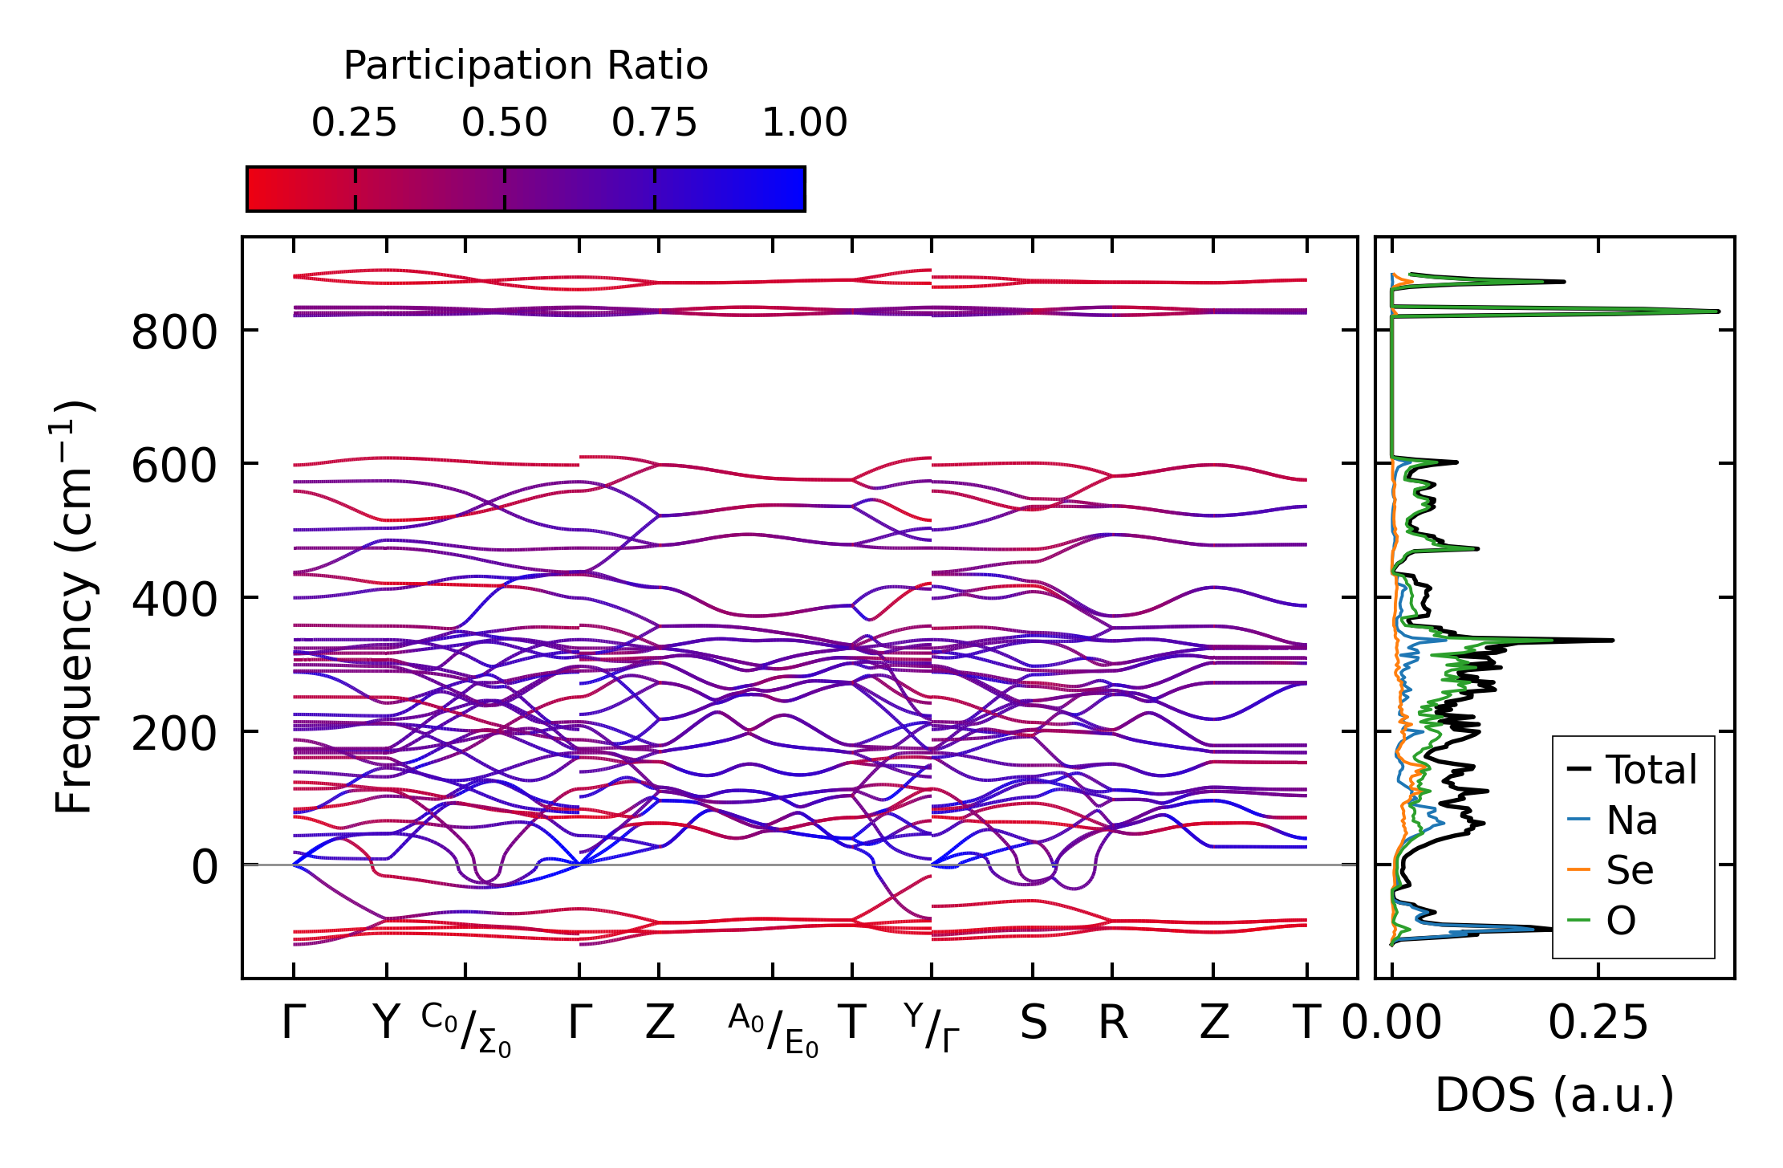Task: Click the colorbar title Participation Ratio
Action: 526,66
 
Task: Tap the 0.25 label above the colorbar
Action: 354,123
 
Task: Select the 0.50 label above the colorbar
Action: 504,123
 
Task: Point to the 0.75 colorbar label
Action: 654,123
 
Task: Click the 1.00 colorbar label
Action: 804,123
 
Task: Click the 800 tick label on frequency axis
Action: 174,332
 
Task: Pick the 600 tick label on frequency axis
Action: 174,466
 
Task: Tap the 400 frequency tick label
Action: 174,600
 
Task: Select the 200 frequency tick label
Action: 174,734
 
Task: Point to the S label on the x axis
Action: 1033,1024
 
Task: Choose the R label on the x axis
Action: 1112,1024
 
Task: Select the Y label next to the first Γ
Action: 386,1024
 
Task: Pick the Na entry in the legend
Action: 1631,820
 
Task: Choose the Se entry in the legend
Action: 1630,870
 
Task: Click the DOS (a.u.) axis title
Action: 1554,1096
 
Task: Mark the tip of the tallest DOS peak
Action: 1718,311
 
